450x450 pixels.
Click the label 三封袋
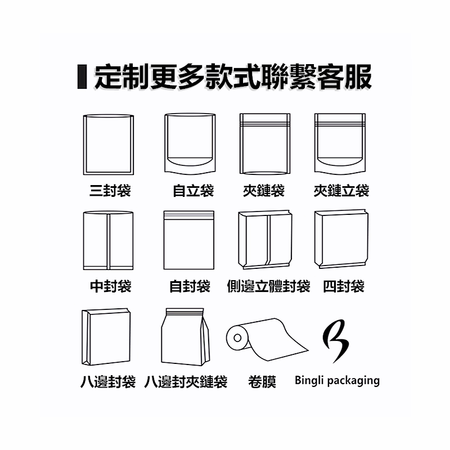[x=110, y=191]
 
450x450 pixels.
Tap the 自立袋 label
[x=193, y=191]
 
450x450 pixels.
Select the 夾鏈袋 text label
[x=264, y=191]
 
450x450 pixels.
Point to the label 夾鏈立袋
[x=341, y=191]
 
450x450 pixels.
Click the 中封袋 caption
[x=110, y=286]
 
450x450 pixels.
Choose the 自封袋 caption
[x=190, y=286]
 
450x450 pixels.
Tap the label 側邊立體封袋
[x=269, y=286]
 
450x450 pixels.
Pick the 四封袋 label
[x=344, y=286]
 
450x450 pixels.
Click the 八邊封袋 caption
[x=108, y=382]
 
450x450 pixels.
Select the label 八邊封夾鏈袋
[x=186, y=382]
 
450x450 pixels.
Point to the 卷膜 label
[x=262, y=382]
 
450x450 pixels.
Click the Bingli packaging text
[x=337, y=381]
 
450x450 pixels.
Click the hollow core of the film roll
[x=237, y=338]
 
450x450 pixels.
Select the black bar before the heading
[x=82, y=76]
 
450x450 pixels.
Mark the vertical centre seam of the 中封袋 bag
[x=109, y=241]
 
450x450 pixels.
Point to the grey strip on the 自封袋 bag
[x=189, y=215]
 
